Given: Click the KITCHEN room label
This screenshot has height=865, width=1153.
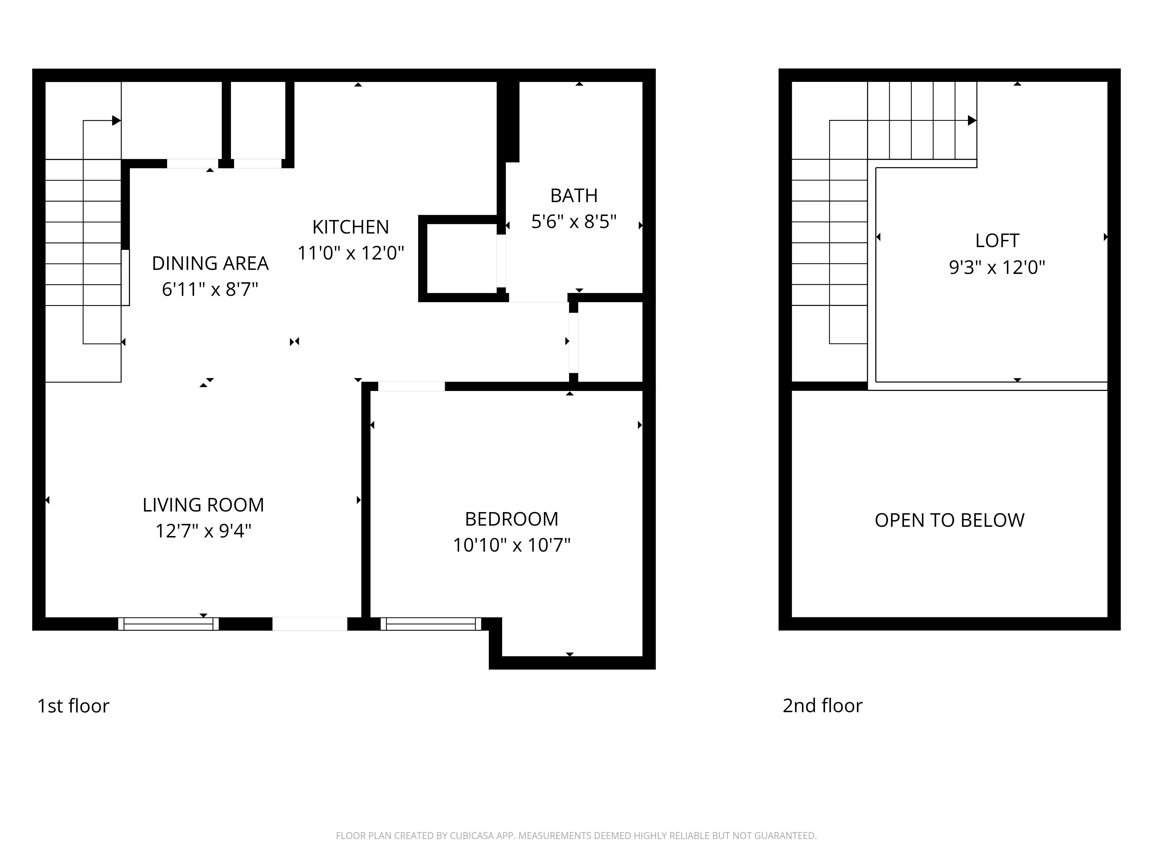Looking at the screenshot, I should pos(350,227).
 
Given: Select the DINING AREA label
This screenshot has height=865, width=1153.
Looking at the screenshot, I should pos(210,263).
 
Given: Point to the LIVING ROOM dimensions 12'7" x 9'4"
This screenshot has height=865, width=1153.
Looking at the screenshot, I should pos(203,531).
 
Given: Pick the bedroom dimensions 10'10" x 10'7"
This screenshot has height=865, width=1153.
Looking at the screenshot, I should pos(511,546).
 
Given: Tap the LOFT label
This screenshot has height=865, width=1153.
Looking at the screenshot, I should pos(997,240).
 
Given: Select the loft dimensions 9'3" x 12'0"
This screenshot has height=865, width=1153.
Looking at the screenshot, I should pos(997,268).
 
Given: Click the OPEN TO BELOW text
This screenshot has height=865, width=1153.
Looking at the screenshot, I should pos(949,520).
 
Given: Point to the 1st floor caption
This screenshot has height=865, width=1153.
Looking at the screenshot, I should pos(73,706).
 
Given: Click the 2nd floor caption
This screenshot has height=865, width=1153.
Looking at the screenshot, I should pos(822,706).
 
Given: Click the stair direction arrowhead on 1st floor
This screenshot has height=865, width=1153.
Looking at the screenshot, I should pos(116,121).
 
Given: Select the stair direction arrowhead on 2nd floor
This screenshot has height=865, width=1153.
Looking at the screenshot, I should pos(972,121).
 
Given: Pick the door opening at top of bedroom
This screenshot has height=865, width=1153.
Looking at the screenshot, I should pos(411,386).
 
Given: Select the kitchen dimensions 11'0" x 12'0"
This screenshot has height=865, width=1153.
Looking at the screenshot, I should pos(350,253).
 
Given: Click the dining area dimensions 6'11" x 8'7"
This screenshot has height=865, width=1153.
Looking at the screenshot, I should pos(210,289).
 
